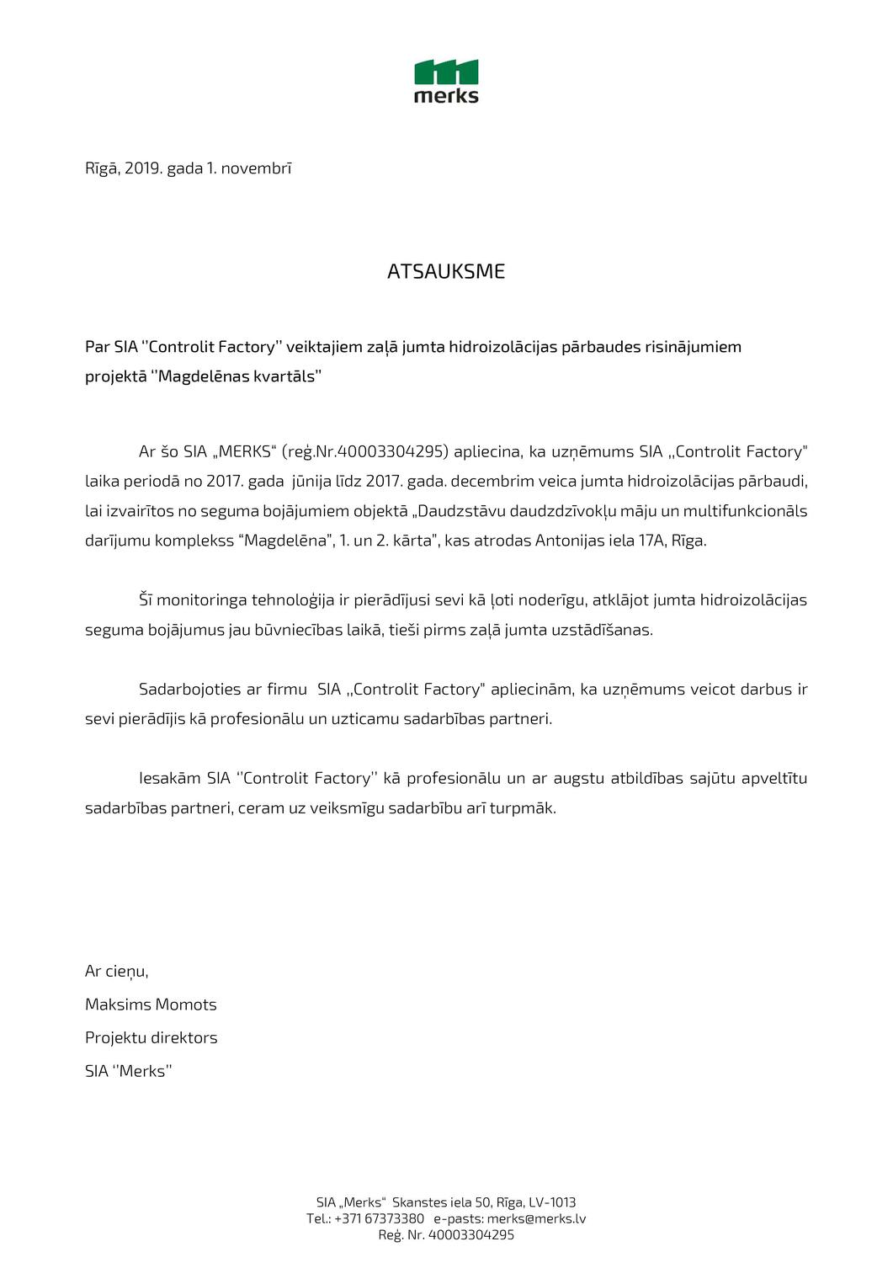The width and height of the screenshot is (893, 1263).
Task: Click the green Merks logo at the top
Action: coord(446,82)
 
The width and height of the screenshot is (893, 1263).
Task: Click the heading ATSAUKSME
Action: coord(446,271)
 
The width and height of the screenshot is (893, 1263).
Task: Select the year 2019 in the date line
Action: coord(142,168)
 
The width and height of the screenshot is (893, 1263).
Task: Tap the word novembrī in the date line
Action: coord(256,168)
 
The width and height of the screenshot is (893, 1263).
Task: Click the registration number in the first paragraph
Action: coord(391,451)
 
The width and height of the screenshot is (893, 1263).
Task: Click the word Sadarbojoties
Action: coord(189,689)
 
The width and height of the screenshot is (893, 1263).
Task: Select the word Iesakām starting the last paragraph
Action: coord(170,778)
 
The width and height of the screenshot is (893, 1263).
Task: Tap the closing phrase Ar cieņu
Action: coord(116,971)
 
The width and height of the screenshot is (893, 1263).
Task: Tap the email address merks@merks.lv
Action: coord(536,1218)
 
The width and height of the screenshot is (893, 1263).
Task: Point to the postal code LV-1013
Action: coord(552,1202)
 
